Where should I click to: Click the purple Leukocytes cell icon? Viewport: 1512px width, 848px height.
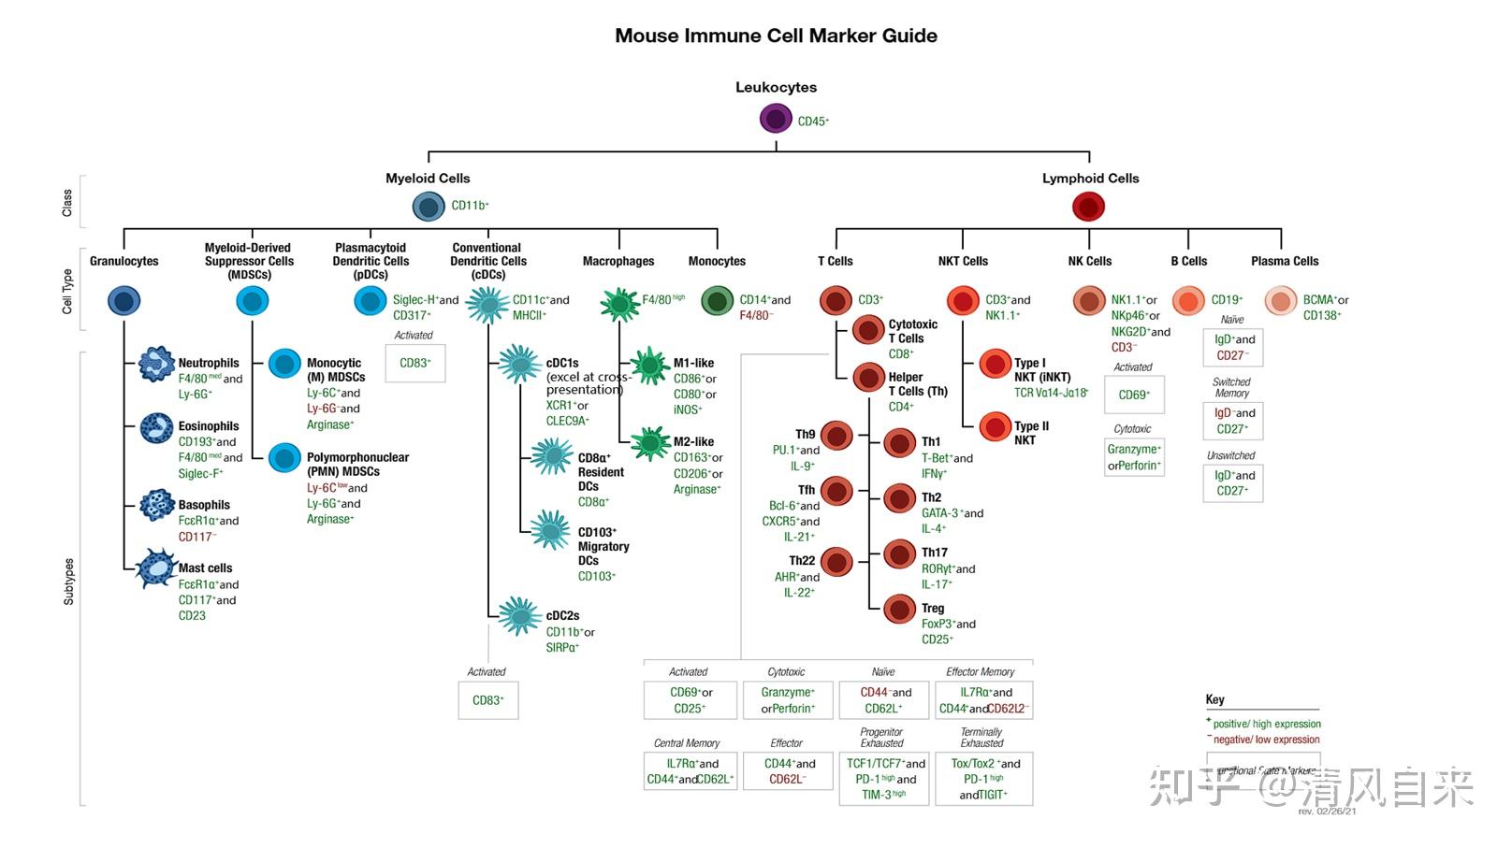click(x=776, y=119)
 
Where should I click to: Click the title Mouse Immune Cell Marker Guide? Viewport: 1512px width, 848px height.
click(x=776, y=36)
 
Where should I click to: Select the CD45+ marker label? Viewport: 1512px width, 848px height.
click(x=813, y=121)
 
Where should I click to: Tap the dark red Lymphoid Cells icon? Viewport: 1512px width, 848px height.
click(x=1088, y=207)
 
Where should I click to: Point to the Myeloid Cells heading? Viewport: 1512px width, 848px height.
click(x=428, y=178)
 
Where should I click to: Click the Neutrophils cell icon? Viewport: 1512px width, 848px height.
click(x=156, y=364)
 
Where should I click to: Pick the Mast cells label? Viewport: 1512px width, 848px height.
click(x=205, y=568)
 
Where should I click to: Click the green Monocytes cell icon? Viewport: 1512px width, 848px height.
click(x=718, y=301)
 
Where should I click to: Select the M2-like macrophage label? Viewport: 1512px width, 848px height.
click(x=693, y=441)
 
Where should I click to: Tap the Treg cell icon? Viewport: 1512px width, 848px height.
click(x=899, y=610)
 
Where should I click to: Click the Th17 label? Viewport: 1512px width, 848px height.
click(x=934, y=553)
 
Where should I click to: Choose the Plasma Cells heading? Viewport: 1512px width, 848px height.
click(x=1284, y=261)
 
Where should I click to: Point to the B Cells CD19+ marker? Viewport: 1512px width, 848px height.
click(x=1227, y=300)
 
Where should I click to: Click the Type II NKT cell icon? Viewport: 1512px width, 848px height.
click(x=995, y=427)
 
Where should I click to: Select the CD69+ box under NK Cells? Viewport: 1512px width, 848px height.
click(x=1133, y=395)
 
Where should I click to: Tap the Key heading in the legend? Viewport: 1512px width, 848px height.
click(x=1214, y=699)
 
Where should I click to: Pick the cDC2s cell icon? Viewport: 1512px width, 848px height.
click(x=518, y=616)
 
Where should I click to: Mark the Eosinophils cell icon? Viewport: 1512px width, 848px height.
click(x=156, y=428)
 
